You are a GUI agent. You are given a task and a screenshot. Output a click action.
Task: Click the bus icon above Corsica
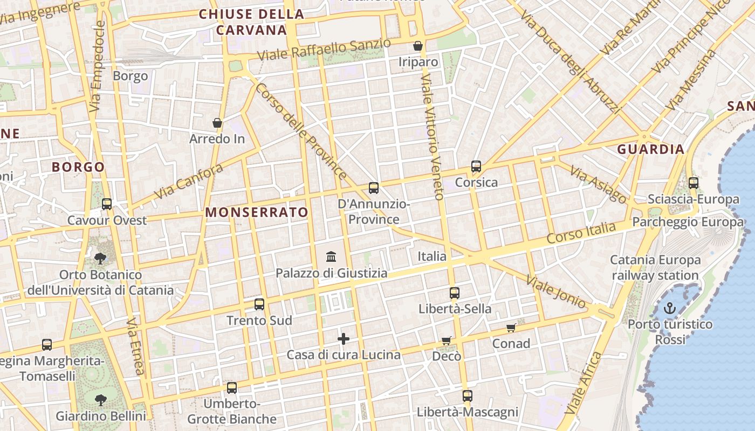click(x=476, y=166)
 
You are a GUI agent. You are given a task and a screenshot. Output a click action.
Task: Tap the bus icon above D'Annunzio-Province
click(x=374, y=188)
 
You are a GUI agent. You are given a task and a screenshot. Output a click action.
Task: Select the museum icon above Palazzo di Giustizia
click(x=331, y=257)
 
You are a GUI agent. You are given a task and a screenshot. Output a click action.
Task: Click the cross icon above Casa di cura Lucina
click(x=344, y=339)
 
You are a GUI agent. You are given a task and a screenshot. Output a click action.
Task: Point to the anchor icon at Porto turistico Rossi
click(x=669, y=309)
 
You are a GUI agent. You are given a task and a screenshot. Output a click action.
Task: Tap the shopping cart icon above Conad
click(x=511, y=328)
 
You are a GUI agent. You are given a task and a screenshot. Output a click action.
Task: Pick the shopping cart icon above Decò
click(x=446, y=340)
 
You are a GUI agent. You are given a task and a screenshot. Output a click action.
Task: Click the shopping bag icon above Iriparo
click(x=418, y=46)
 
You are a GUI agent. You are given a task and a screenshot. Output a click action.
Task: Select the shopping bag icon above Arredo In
click(x=217, y=123)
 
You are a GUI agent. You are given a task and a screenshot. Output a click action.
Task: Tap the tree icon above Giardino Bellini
click(x=100, y=400)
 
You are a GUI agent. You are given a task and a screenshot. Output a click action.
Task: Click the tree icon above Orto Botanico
click(x=100, y=258)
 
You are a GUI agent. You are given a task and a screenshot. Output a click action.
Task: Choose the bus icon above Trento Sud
click(x=259, y=304)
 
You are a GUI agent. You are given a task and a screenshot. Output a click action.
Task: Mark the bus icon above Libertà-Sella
click(x=455, y=293)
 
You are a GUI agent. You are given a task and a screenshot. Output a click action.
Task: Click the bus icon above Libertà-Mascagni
click(x=467, y=396)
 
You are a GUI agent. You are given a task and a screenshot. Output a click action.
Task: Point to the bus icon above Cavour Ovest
click(x=107, y=204)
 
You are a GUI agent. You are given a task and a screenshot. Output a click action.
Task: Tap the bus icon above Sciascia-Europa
click(x=694, y=183)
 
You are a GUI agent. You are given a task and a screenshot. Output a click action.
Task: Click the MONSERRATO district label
click(x=257, y=212)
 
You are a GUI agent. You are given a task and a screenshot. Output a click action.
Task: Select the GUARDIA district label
click(x=651, y=149)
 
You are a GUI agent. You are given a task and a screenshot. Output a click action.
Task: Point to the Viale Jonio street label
click(x=555, y=293)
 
